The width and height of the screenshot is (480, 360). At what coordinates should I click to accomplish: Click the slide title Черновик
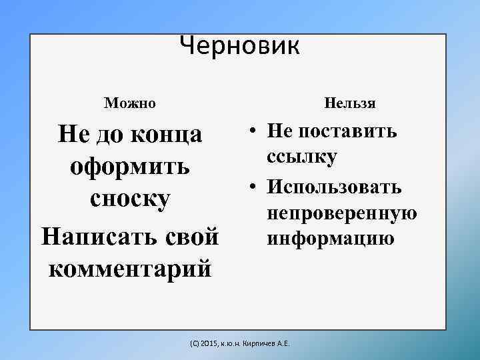pos(240,45)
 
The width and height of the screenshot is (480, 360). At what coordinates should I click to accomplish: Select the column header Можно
pos(130,103)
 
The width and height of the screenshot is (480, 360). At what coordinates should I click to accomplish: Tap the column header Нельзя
pos(350,103)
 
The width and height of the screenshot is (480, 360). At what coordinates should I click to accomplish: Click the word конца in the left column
pos(169,133)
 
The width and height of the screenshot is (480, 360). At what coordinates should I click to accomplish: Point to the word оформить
pos(130,166)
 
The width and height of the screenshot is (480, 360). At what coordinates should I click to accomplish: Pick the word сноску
pos(130,199)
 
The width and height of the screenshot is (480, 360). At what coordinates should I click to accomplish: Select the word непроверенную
pos(342,213)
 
